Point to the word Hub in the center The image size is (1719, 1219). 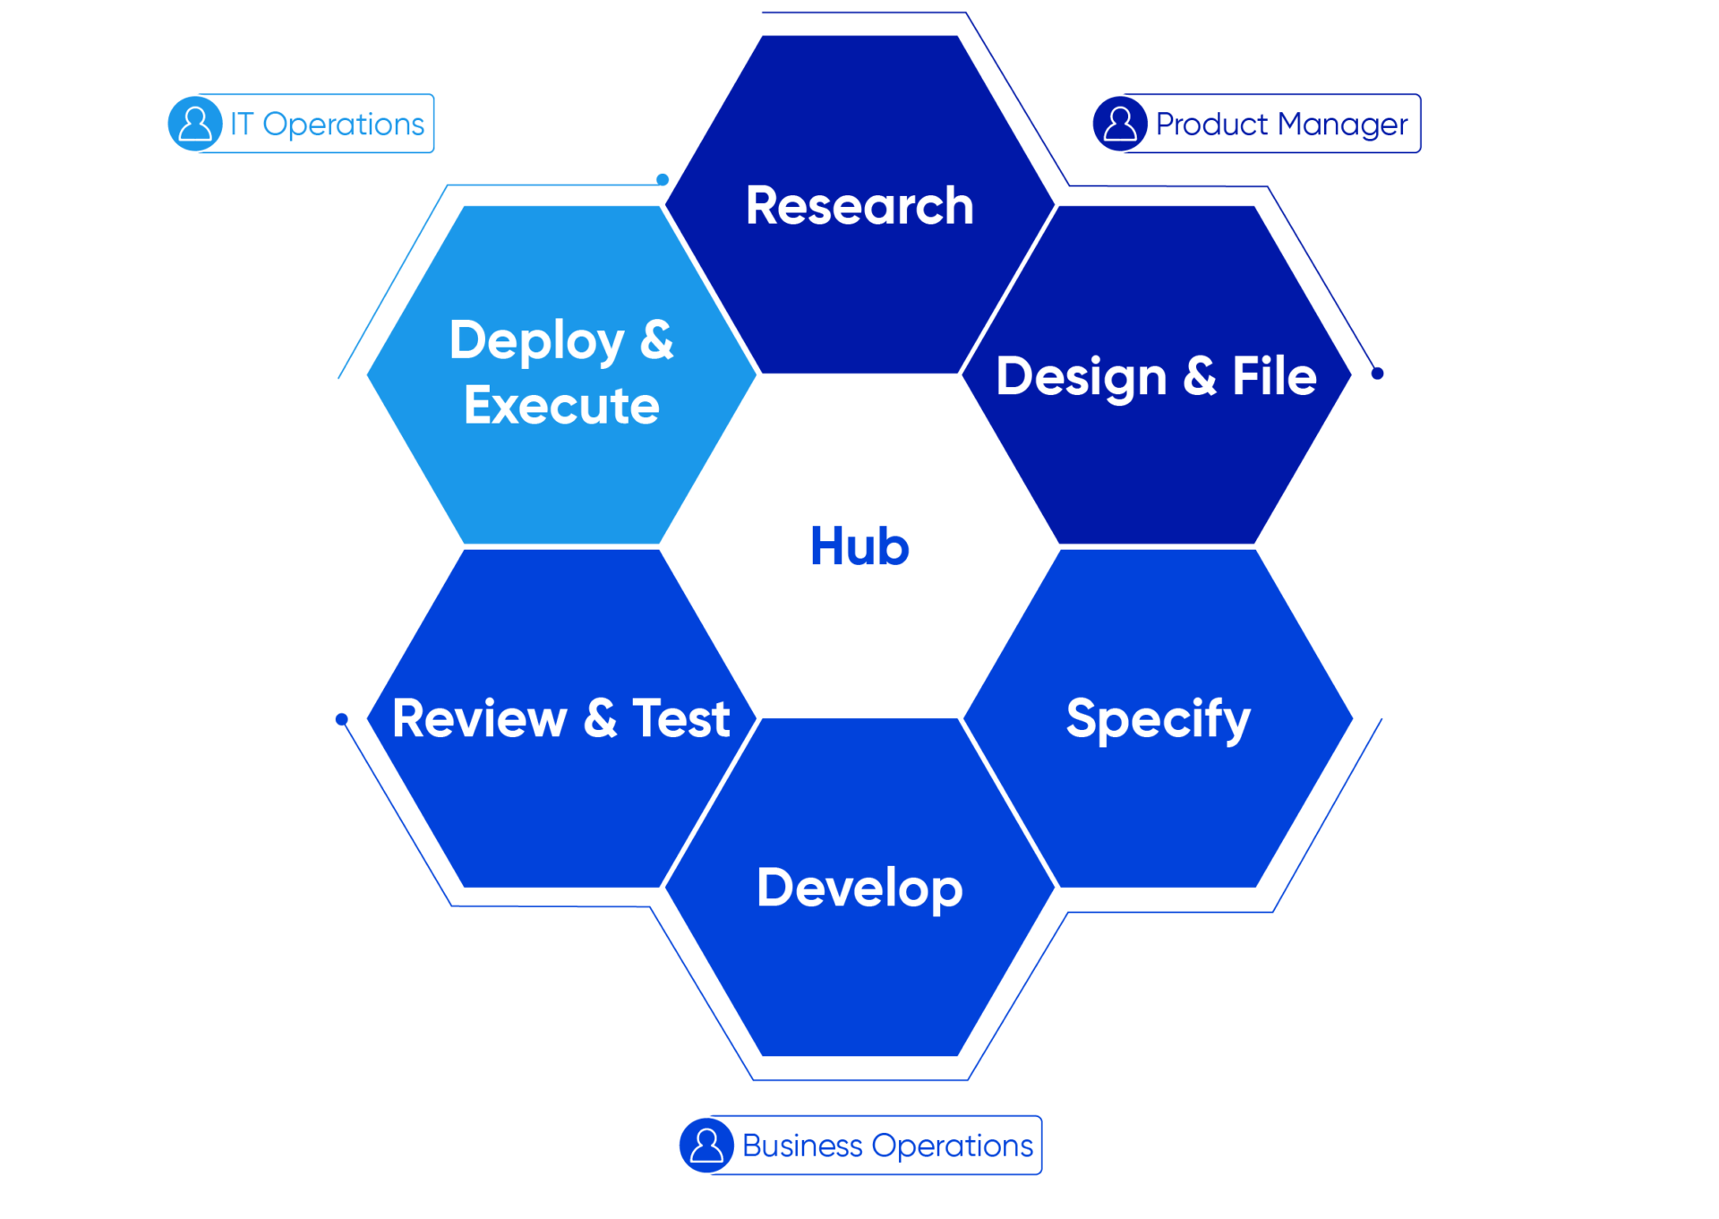(x=859, y=546)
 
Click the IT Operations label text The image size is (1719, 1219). (x=328, y=124)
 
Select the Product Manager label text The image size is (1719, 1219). (x=1281, y=124)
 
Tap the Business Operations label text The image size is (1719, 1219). (x=887, y=1146)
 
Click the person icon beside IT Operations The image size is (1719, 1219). (x=195, y=124)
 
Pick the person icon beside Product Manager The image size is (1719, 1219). (x=1120, y=124)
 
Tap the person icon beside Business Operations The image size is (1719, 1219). (x=706, y=1146)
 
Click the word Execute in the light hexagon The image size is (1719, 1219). (x=561, y=406)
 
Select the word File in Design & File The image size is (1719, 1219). (x=1274, y=376)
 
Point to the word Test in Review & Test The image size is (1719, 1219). (x=681, y=718)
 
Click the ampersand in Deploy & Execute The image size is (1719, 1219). (x=656, y=340)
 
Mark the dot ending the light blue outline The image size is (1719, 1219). (x=663, y=179)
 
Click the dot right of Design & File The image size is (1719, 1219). (x=1378, y=373)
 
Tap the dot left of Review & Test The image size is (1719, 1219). (x=341, y=719)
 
